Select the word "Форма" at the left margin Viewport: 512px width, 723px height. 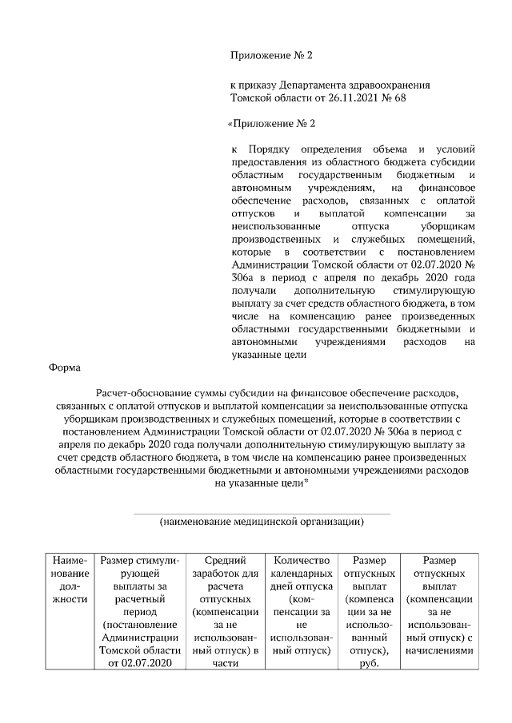(x=62, y=367)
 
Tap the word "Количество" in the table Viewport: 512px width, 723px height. (x=302, y=562)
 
